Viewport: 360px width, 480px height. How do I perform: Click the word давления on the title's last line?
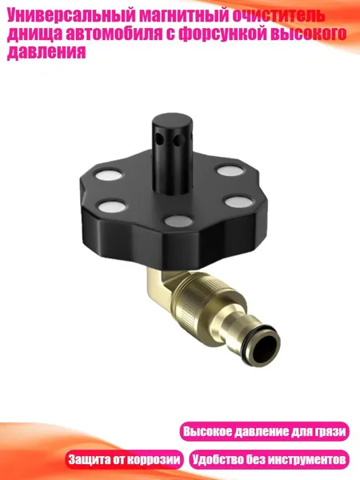(x=46, y=52)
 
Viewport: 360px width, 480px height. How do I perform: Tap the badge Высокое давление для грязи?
(x=265, y=432)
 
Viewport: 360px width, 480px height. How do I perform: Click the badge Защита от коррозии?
(x=124, y=459)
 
